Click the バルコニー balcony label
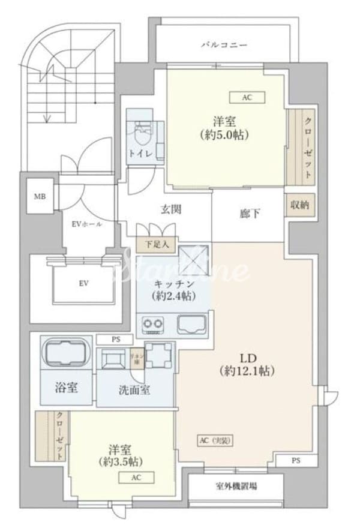point(224,45)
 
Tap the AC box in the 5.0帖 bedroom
point(247,97)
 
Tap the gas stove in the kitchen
point(154,326)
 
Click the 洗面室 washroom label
point(134,389)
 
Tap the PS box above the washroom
point(115,339)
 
